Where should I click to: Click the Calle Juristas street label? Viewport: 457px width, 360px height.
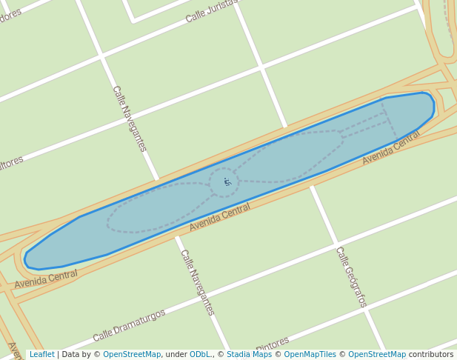click(x=211, y=10)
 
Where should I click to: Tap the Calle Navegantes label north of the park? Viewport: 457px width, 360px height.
click(x=129, y=119)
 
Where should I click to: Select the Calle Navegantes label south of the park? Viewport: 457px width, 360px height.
click(x=197, y=282)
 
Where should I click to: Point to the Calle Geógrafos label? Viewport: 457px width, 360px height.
click(x=351, y=276)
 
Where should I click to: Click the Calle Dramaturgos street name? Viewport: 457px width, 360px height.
click(x=129, y=326)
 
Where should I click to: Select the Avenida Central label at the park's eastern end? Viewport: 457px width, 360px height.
click(x=391, y=147)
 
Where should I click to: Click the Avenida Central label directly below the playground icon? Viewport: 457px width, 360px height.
click(x=220, y=216)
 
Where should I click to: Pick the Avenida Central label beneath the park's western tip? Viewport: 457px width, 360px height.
click(x=46, y=279)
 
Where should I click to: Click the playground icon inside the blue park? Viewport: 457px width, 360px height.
click(x=227, y=181)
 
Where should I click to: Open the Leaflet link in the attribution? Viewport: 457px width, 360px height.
click(x=41, y=355)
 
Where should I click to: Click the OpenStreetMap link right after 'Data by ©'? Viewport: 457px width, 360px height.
click(x=132, y=355)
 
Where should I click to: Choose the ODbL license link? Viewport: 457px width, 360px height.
click(x=200, y=355)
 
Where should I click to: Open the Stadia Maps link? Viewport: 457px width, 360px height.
click(x=249, y=355)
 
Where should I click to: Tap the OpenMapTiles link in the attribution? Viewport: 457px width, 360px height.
click(x=310, y=355)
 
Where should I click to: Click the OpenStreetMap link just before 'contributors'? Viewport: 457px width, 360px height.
click(x=377, y=355)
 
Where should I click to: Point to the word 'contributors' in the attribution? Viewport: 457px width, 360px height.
click(x=430, y=355)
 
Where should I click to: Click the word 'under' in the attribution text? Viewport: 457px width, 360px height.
click(x=175, y=355)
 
